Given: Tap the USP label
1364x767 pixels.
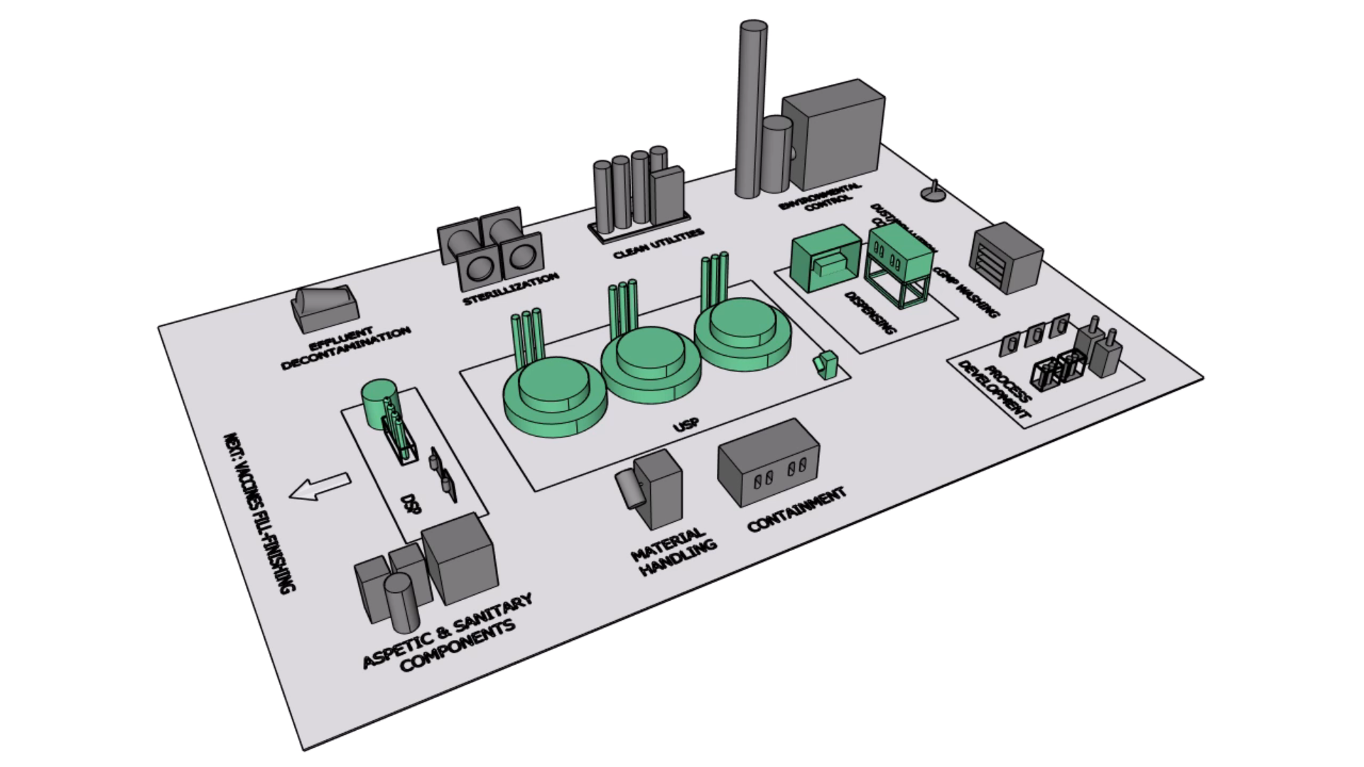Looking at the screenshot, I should [686, 425].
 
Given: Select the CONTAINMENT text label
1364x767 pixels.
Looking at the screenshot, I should [796, 509].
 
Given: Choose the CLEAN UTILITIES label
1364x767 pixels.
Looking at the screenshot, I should [659, 244].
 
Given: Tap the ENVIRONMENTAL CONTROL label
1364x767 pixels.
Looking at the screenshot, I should [821, 197].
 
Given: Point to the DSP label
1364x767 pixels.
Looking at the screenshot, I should [411, 504].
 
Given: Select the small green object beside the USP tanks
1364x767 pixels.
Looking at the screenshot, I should [825, 364].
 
